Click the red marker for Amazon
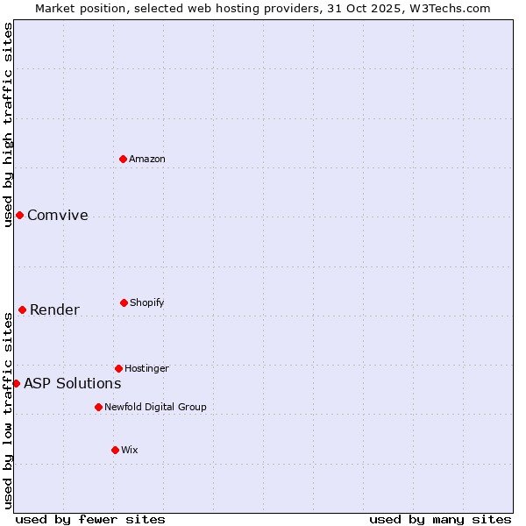coord(123,159)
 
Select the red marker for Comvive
coord(19,215)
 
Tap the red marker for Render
coord(22,309)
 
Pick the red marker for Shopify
coord(124,302)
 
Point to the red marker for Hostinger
coord(118,368)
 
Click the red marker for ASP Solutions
coord(16,383)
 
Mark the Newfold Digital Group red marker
coord(98,407)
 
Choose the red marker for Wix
coord(115,450)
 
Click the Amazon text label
coord(147,159)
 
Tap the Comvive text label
coord(58,216)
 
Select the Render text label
coord(54,310)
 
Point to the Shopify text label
coord(147,303)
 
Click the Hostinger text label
coord(146,368)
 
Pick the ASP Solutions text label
coord(72,384)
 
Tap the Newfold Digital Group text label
coord(155,407)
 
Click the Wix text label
coord(130,450)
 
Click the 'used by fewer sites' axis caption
coord(90,520)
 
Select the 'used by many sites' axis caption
coord(440,520)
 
